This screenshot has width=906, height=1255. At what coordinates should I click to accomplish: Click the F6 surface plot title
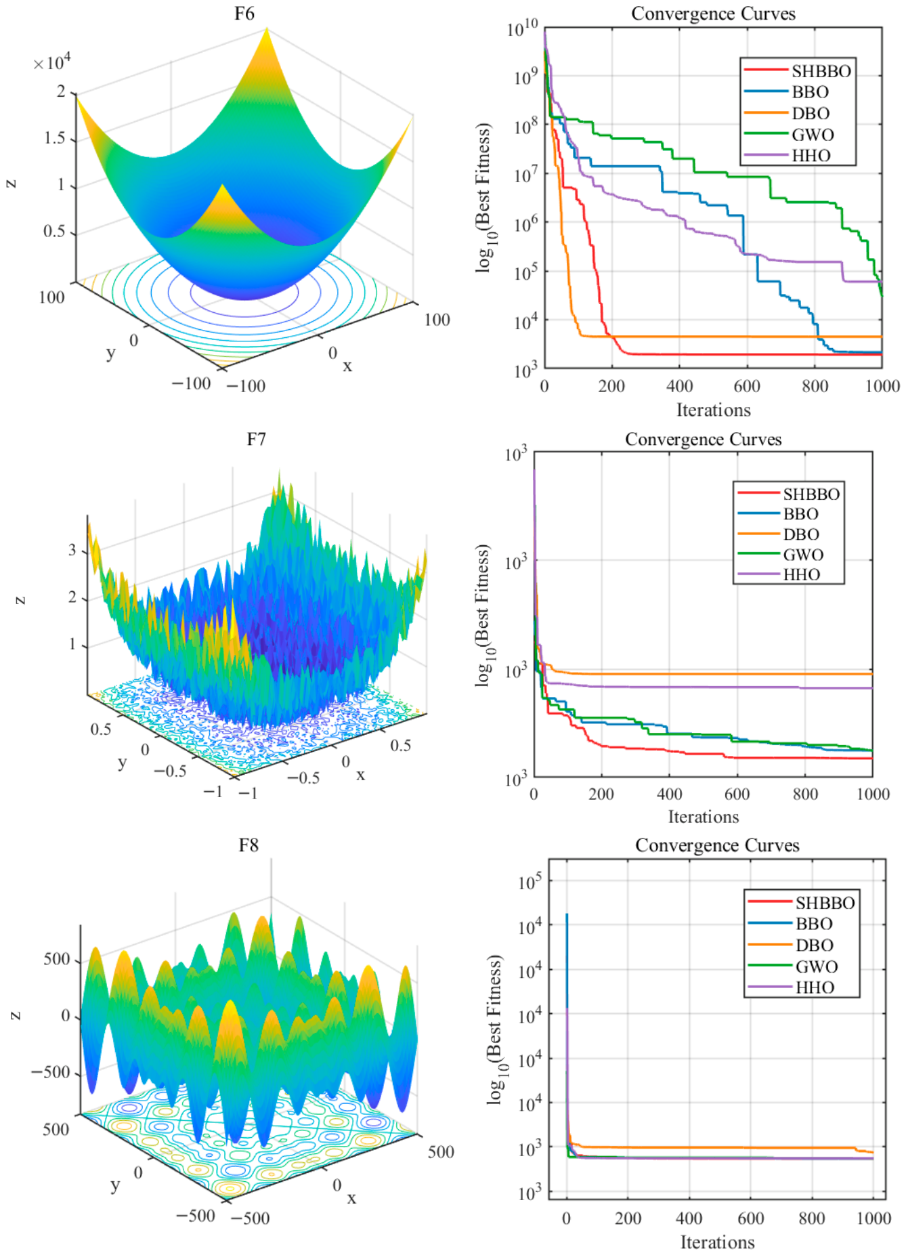[x=244, y=14]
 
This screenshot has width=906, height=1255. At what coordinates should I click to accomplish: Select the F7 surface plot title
[x=256, y=440]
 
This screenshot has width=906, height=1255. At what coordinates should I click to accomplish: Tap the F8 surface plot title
[x=249, y=845]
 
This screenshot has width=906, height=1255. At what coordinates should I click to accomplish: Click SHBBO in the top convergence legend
[x=821, y=71]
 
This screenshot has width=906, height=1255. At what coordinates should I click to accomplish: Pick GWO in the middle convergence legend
[x=803, y=555]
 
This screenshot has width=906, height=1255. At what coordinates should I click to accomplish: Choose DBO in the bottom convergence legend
[x=814, y=945]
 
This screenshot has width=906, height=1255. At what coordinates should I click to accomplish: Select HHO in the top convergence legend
[x=811, y=156]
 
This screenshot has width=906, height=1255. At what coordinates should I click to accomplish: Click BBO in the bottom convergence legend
[x=814, y=924]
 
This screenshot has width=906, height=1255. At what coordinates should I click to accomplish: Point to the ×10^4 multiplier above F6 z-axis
[x=52, y=63]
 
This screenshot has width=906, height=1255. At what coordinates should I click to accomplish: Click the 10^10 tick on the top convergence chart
[x=522, y=28]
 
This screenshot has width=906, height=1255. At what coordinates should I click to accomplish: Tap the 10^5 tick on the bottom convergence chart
[x=530, y=882]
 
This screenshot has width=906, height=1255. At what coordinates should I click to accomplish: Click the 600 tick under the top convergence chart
[x=747, y=386]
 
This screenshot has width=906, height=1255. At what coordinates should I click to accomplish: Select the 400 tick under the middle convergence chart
[x=669, y=794]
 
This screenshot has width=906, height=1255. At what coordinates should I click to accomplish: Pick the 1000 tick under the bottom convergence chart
[x=873, y=1218]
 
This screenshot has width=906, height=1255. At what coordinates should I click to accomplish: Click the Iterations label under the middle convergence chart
[x=704, y=817]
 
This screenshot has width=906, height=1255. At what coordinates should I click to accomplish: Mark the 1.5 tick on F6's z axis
[x=55, y=138]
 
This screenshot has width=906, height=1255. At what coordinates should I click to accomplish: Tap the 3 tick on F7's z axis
[x=72, y=550]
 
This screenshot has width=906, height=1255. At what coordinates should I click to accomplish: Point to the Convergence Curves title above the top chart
[x=713, y=14]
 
